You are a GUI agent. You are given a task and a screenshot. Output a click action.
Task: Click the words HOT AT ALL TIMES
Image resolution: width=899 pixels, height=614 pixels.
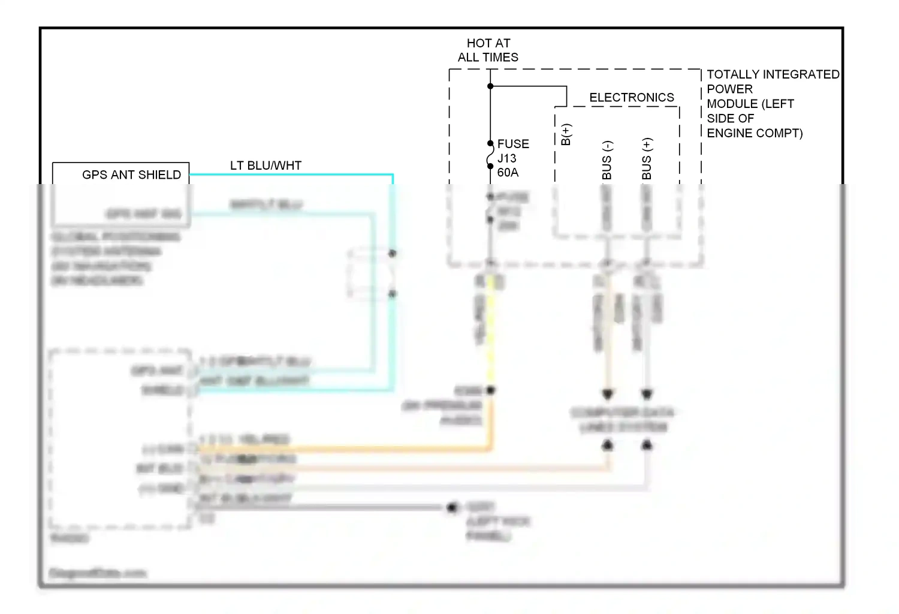coord(488,50)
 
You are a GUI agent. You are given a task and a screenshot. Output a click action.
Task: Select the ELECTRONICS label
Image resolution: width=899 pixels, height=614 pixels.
coord(631,97)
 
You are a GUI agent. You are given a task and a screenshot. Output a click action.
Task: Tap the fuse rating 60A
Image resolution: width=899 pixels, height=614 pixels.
coord(507,173)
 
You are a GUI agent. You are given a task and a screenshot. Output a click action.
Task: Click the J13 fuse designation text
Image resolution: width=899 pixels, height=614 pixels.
coord(506,158)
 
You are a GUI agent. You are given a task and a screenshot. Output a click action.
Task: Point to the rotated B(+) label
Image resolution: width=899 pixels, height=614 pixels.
coord(566,134)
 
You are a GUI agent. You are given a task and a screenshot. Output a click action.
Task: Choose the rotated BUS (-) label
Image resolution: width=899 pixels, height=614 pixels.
coord(607,160)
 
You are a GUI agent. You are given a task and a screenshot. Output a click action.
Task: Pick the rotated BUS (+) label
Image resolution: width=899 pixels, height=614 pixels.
coord(646,159)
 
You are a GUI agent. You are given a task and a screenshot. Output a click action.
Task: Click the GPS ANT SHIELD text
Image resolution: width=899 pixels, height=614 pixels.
coord(131,174)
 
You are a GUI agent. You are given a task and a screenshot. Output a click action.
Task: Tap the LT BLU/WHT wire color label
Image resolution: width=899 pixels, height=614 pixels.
coord(266,165)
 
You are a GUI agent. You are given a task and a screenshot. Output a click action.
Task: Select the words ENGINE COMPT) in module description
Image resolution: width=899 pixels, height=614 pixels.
coord(754,133)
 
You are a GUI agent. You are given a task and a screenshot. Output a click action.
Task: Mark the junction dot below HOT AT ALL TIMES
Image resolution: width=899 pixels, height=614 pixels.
coord(490,86)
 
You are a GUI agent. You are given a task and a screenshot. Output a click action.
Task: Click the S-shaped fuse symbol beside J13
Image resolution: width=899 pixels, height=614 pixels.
coord(490,158)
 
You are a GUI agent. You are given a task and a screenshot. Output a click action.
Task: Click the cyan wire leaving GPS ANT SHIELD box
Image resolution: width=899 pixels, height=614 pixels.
coord(288,174)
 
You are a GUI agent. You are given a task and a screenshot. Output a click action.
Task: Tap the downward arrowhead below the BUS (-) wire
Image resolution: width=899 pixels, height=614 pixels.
coord(607,395)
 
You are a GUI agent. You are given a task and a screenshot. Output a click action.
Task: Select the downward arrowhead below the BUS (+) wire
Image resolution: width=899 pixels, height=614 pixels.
coord(647,395)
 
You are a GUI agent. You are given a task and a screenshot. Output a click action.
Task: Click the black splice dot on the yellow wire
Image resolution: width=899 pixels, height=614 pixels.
coord(491,390)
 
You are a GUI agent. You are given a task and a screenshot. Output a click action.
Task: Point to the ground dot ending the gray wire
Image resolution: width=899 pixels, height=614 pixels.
coord(452,508)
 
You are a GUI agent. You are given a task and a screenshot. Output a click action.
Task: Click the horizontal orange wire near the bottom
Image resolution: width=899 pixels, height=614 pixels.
coord(342,448)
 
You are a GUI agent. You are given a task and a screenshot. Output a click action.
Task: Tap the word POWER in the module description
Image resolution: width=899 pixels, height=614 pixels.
coord(729,89)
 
